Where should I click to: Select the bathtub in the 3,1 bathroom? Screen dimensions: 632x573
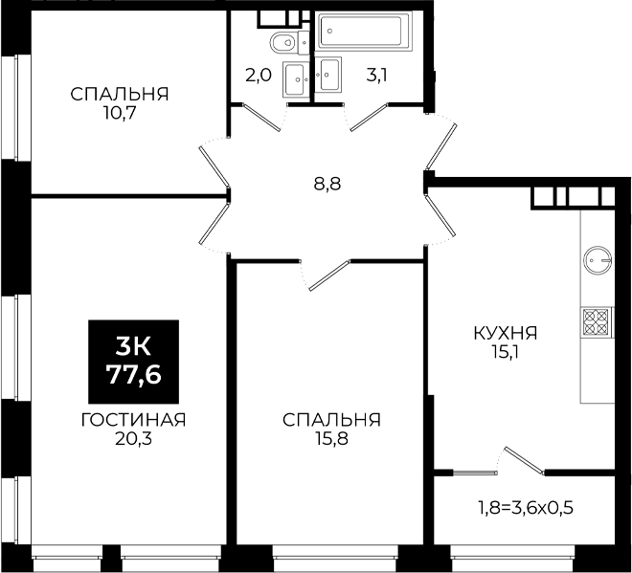point(363,31)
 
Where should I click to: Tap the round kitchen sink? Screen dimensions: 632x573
point(598,260)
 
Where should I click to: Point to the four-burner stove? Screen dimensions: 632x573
point(597,322)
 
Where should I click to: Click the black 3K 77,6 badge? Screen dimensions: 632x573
point(133,362)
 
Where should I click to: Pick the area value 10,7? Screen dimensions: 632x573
point(120,114)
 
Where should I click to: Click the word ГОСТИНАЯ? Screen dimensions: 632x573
point(133,420)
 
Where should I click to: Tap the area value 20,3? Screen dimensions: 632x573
point(133,439)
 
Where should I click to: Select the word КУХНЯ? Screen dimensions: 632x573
point(505,334)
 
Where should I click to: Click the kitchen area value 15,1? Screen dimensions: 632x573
point(505,353)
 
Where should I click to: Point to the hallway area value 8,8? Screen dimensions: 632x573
point(327,185)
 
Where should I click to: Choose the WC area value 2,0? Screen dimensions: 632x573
point(259,76)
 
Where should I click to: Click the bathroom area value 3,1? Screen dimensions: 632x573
point(376,76)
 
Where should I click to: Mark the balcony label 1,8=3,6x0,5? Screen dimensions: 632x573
point(526,508)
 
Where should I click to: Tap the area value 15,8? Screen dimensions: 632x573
point(331,439)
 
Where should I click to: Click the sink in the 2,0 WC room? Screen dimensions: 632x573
point(296,79)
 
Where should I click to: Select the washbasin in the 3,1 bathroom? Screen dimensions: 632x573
point(328,74)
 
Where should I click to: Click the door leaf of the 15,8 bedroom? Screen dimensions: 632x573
point(328,275)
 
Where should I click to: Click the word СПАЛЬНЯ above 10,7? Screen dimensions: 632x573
point(120,95)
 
